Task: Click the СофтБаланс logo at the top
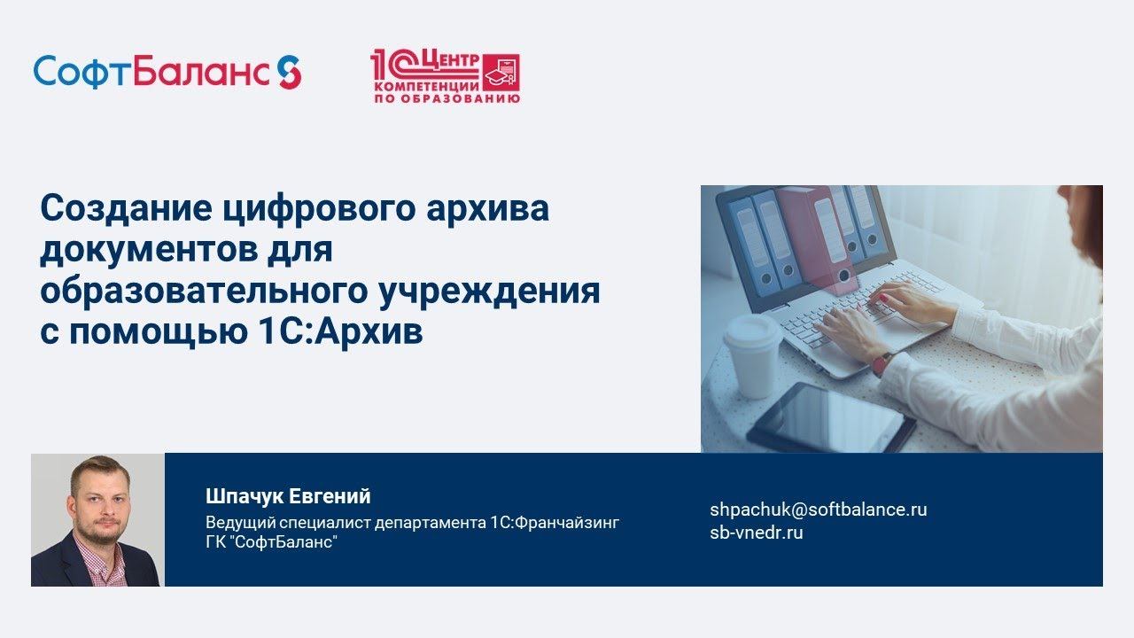tap(167, 72)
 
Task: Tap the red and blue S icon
tap(290, 72)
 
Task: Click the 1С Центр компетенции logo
tap(445, 77)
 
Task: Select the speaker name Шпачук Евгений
tap(288, 496)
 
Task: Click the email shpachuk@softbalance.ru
tap(818, 510)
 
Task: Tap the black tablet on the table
tap(830, 416)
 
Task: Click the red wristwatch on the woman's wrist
tap(882, 362)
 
